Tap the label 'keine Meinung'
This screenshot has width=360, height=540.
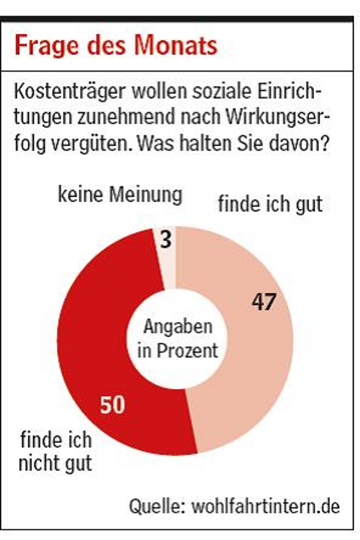(x=120, y=195)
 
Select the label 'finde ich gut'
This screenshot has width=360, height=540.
(x=270, y=204)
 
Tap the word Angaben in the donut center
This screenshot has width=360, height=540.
(x=177, y=326)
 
